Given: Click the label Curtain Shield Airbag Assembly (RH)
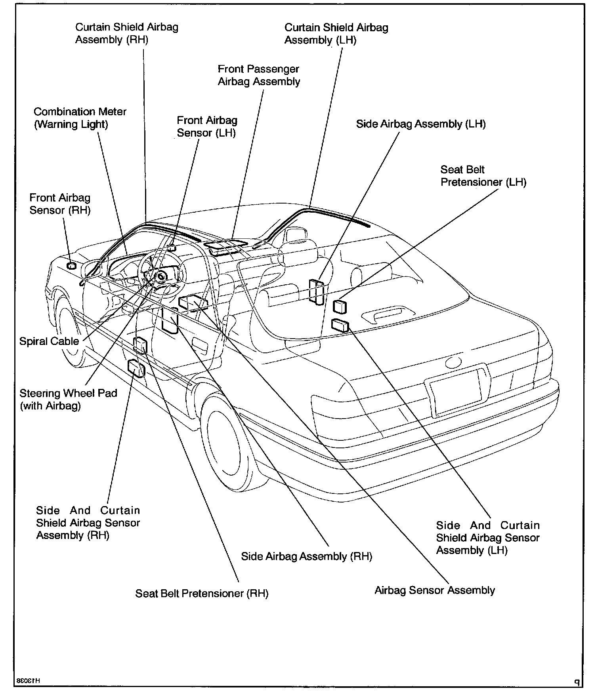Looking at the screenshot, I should click(126, 33).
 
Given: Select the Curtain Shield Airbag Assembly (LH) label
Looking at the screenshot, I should click(336, 34).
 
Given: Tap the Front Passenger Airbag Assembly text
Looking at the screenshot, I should click(259, 75).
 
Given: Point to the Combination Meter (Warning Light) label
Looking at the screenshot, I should click(80, 118).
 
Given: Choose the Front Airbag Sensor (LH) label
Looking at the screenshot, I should click(206, 126).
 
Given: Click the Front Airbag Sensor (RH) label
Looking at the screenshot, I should click(60, 204).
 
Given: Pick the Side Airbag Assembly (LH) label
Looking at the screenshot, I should click(420, 124).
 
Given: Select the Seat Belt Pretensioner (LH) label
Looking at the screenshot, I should click(483, 176).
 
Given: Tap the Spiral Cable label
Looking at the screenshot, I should click(49, 341).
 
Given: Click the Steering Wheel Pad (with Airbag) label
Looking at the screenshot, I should click(68, 400).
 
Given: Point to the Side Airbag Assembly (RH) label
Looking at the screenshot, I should click(306, 556).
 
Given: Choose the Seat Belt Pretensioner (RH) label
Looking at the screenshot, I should click(202, 594).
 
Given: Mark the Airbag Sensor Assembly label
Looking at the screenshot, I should click(434, 590).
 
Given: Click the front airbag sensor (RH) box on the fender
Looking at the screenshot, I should click(71, 266).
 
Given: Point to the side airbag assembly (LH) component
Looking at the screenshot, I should click(317, 292).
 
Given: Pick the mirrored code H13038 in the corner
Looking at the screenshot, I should click(29, 681).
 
